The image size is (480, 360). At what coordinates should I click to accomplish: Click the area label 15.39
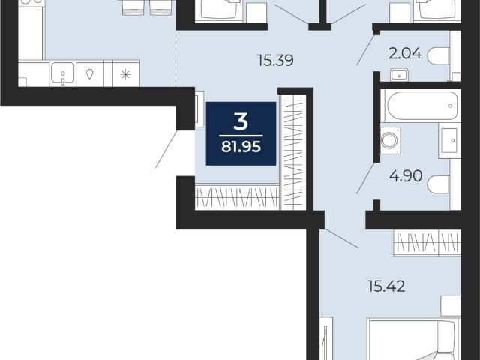click(x=275, y=60)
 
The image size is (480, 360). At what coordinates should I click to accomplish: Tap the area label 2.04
click(x=405, y=54)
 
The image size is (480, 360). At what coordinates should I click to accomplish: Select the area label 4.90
click(x=406, y=176)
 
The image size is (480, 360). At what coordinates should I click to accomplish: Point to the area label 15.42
click(x=387, y=286)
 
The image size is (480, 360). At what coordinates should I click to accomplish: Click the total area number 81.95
click(x=241, y=147)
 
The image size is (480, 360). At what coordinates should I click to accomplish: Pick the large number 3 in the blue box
click(x=241, y=121)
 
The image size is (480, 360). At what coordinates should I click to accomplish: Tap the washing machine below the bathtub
click(x=390, y=140)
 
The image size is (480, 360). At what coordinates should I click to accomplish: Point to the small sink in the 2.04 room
click(x=399, y=74)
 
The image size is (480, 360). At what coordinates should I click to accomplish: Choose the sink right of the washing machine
click(x=449, y=140)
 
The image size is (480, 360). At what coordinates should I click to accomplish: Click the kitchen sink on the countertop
click(x=62, y=73)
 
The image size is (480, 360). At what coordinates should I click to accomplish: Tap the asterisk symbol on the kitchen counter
click(x=125, y=74)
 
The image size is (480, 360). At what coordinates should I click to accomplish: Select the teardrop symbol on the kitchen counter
click(x=89, y=74)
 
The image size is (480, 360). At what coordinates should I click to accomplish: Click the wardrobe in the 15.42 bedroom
click(x=427, y=243)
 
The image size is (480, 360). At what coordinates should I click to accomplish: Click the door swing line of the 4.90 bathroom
click(x=366, y=178)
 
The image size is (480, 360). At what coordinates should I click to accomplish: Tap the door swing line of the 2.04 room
click(x=366, y=50)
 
